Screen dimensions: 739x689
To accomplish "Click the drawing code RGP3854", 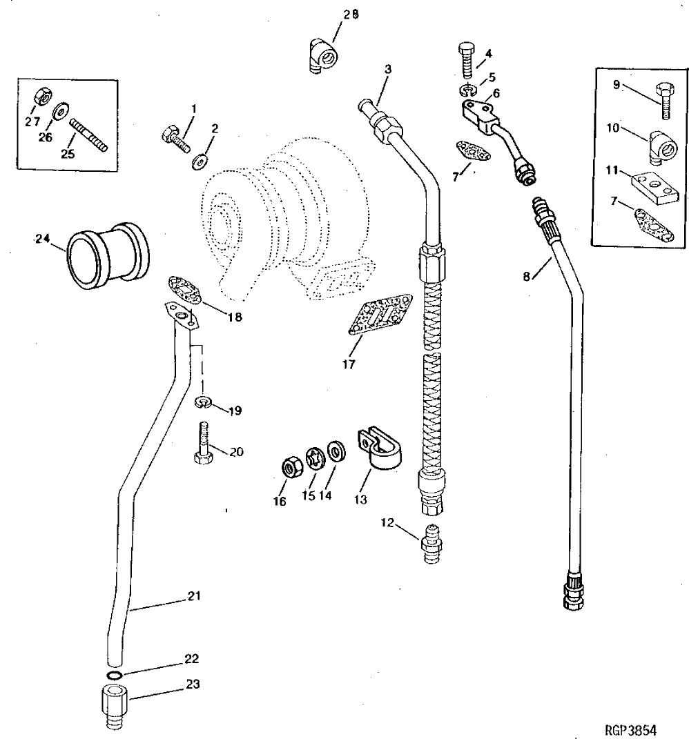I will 630,729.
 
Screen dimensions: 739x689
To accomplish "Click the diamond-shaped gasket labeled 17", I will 380,318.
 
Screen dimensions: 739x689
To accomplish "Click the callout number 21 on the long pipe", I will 195,595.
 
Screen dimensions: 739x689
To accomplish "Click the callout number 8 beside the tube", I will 527,276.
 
